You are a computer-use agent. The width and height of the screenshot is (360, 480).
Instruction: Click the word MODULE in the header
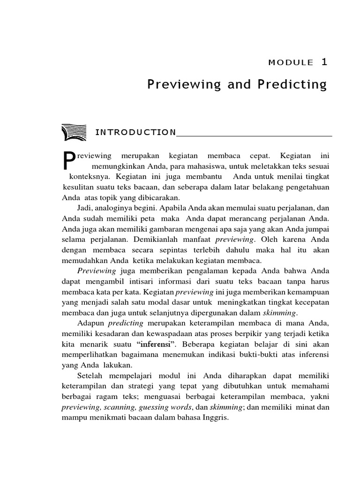[x=291, y=62]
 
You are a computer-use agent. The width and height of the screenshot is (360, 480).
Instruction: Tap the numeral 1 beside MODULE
[x=324, y=61]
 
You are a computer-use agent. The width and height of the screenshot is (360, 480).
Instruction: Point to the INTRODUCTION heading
[x=135, y=133]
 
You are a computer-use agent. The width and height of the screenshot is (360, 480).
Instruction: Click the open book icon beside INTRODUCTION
[x=73, y=132]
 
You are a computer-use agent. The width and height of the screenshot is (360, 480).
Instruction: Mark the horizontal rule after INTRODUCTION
[x=254, y=135]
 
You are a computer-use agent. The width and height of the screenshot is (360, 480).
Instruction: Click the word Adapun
[x=90, y=322]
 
